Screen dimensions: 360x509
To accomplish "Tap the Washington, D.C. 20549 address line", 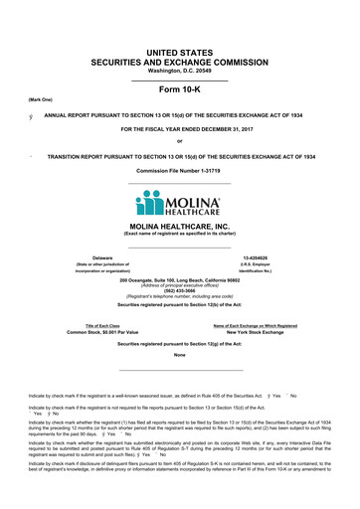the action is pyautogui.click(x=179, y=71).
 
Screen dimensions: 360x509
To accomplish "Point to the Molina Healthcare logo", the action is pyautogui.click(x=179, y=204).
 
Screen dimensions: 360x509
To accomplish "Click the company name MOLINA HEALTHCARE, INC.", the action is pyautogui.click(x=179, y=227).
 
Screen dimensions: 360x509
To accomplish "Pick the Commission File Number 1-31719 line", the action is pyautogui.click(x=179, y=170).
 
